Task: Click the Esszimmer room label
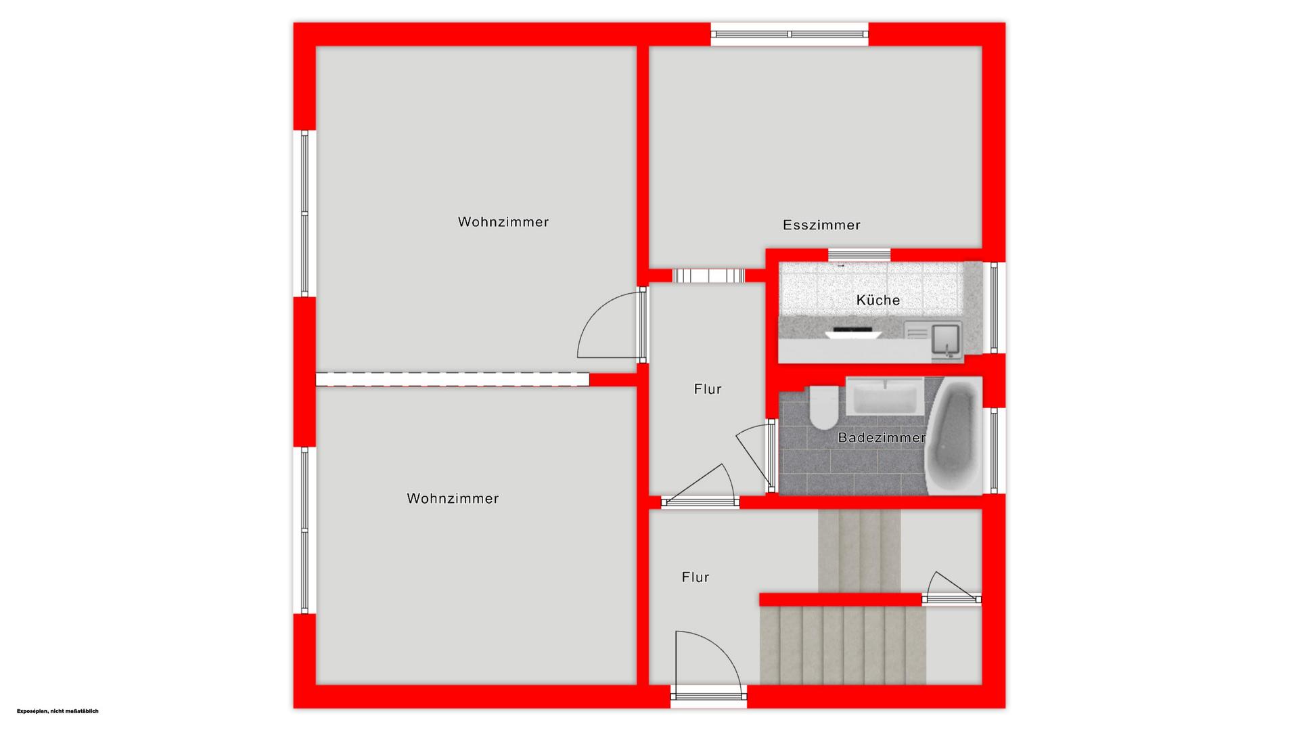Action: (x=821, y=225)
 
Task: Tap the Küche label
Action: (x=878, y=300)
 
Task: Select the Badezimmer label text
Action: (x=882, y=437)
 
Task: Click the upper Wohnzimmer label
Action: (x=503, y=222)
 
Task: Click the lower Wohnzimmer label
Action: (x=453, y=499)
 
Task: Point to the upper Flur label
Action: (x=708, y=389)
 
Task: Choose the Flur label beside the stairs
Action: (x=696, y=577)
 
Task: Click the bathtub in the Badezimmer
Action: (x=954, y=436)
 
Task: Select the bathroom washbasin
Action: (x=885, y=396)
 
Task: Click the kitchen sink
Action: (x=946, y=338)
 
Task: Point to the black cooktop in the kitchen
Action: (x=854, y=332)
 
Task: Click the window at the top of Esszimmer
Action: (x=790, y=34)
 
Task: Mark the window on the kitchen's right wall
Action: (x=994, y=307)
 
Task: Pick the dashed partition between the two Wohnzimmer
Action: (x=453, y=379)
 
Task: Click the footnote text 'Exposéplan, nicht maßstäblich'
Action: (x=58, y=711)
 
